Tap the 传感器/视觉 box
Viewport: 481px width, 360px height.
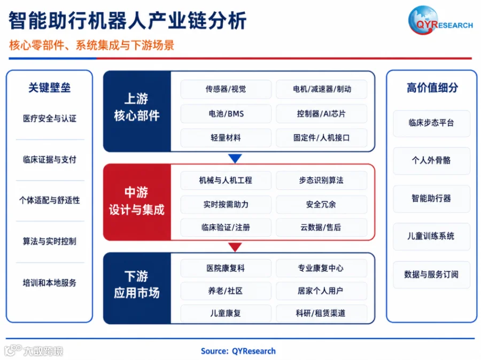pos(226,89)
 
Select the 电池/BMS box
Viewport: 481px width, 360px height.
pos(226,114)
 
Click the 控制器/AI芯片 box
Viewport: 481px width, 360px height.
pos(321,114)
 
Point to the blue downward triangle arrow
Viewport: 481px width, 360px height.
pos(235,158)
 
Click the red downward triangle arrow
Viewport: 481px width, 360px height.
pos(235,247)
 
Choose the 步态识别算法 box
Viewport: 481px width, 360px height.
pos(321,181)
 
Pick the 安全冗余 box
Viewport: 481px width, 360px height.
pos(321,204)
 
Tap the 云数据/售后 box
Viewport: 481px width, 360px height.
pos(321,227)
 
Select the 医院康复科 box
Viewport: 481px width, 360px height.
pos(226,268)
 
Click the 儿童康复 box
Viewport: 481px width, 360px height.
pos(226,313)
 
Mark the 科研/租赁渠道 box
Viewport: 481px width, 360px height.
pos(321,313)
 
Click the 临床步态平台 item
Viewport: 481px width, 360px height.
pos(431,123)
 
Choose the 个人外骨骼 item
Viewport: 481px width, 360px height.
pos(431,161)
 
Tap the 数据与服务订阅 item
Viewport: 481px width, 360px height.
pos(431,275)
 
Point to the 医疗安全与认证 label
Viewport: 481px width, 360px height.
pos(50,119)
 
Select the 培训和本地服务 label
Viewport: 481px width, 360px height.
pos(50,283)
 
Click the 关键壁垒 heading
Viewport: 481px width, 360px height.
pos(50,88)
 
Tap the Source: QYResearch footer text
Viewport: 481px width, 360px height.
pos(238,351)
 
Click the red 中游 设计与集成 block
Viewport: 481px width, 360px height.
pos(137,202)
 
